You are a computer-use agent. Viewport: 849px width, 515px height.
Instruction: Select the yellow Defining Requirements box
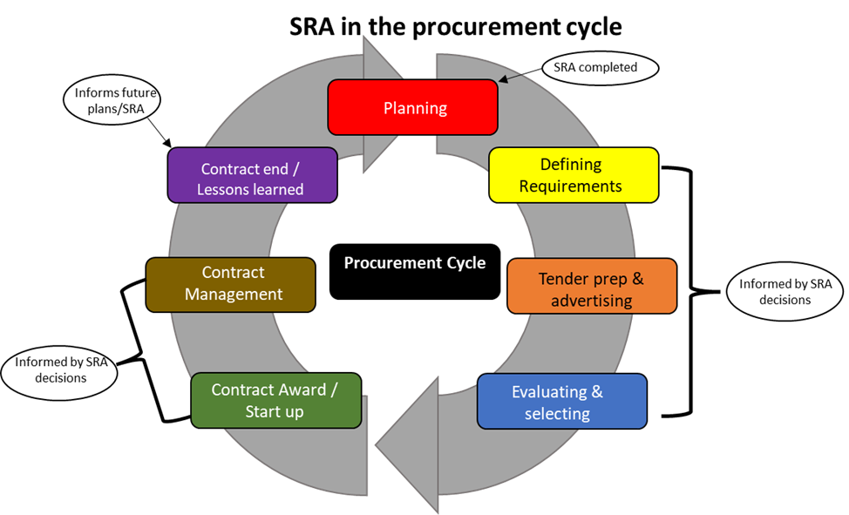tap(573, 174)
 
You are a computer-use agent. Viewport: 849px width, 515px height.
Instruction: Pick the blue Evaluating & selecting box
tap(561, 402)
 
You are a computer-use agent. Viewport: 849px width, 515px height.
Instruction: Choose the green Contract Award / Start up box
tap(275, 400)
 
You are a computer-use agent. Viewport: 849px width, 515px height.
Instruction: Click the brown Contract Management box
tap(231, 284)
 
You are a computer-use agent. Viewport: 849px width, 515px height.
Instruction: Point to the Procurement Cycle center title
tap(415, 263)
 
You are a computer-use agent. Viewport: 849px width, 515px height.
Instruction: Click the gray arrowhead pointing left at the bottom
tap(406, 444)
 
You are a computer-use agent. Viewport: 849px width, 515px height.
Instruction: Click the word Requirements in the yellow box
tap(571, 186)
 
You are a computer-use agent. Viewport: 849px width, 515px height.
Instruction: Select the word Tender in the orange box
tap(562, 279)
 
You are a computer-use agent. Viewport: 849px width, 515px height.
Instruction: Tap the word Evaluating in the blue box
tap(548, 391)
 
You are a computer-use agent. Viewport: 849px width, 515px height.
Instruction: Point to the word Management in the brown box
tap(234, 295)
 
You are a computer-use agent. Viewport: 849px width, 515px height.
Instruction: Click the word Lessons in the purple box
tap(221, 189)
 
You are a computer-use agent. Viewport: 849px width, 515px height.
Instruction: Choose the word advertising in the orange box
tap(592, 302)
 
